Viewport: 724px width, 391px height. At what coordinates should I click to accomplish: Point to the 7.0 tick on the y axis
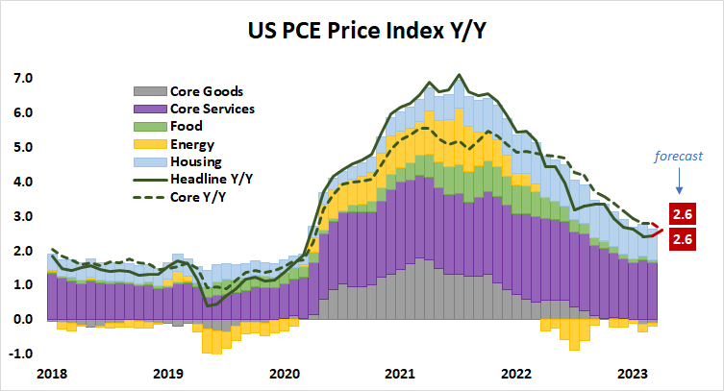(x=21, y=78)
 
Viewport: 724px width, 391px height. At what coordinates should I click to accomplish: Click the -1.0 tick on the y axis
(x=19, y=354)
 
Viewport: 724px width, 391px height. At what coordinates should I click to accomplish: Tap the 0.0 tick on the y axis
(x=21, y=319)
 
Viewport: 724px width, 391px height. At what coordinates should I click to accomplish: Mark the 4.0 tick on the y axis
(x=21, y=182)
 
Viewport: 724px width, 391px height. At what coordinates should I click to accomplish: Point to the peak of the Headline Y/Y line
(x=458, y=74)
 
